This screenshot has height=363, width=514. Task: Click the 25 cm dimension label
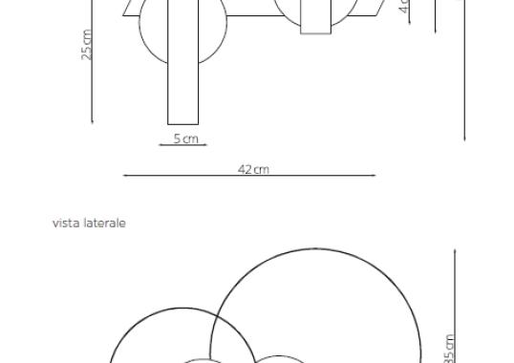coord(87,45)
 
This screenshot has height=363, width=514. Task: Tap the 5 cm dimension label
coord(185,139)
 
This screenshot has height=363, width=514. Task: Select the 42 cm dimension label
coord(254,169)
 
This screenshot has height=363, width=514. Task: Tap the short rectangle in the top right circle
coord(315,17)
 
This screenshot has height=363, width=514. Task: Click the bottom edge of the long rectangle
coord(182,124)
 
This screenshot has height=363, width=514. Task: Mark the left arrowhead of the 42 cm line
coord(125,175)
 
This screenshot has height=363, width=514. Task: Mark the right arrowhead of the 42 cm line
coord(374,175)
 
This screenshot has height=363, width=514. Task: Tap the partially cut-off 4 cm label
coord(404,11)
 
